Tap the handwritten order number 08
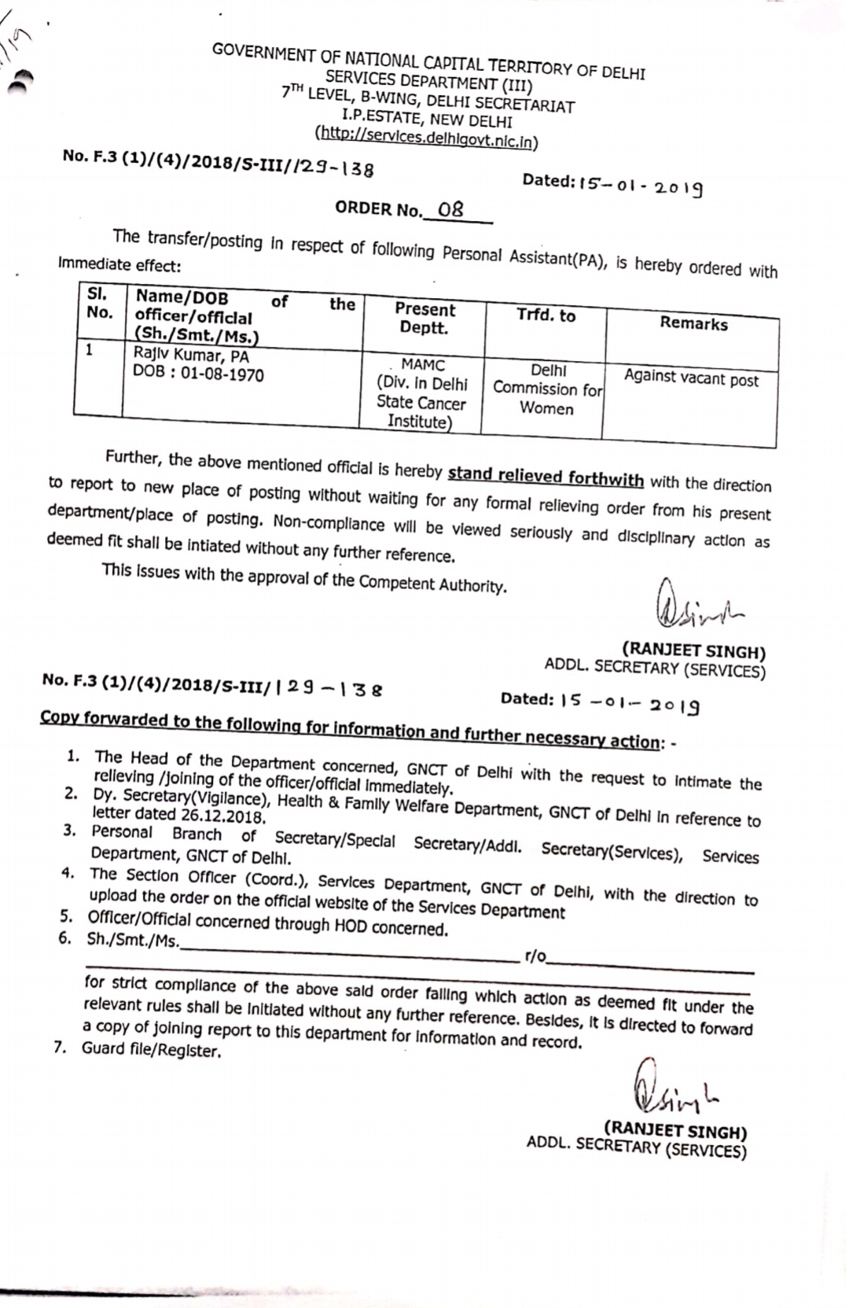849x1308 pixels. point(451,209)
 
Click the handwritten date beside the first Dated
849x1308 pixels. point(641,186)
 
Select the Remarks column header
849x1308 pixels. point(693,323)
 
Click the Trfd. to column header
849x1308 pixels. point(546,315)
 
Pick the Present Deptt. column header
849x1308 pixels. point(424,319)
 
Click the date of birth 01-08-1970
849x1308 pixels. point(222,374)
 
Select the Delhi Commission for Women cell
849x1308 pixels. point(547,389)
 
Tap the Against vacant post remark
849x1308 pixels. point(692,378)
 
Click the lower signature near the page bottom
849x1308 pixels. point(674,1089)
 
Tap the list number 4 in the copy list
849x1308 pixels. point(68,873)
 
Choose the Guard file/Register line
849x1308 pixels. point(151,1050)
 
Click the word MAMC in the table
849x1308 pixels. point(423,365)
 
